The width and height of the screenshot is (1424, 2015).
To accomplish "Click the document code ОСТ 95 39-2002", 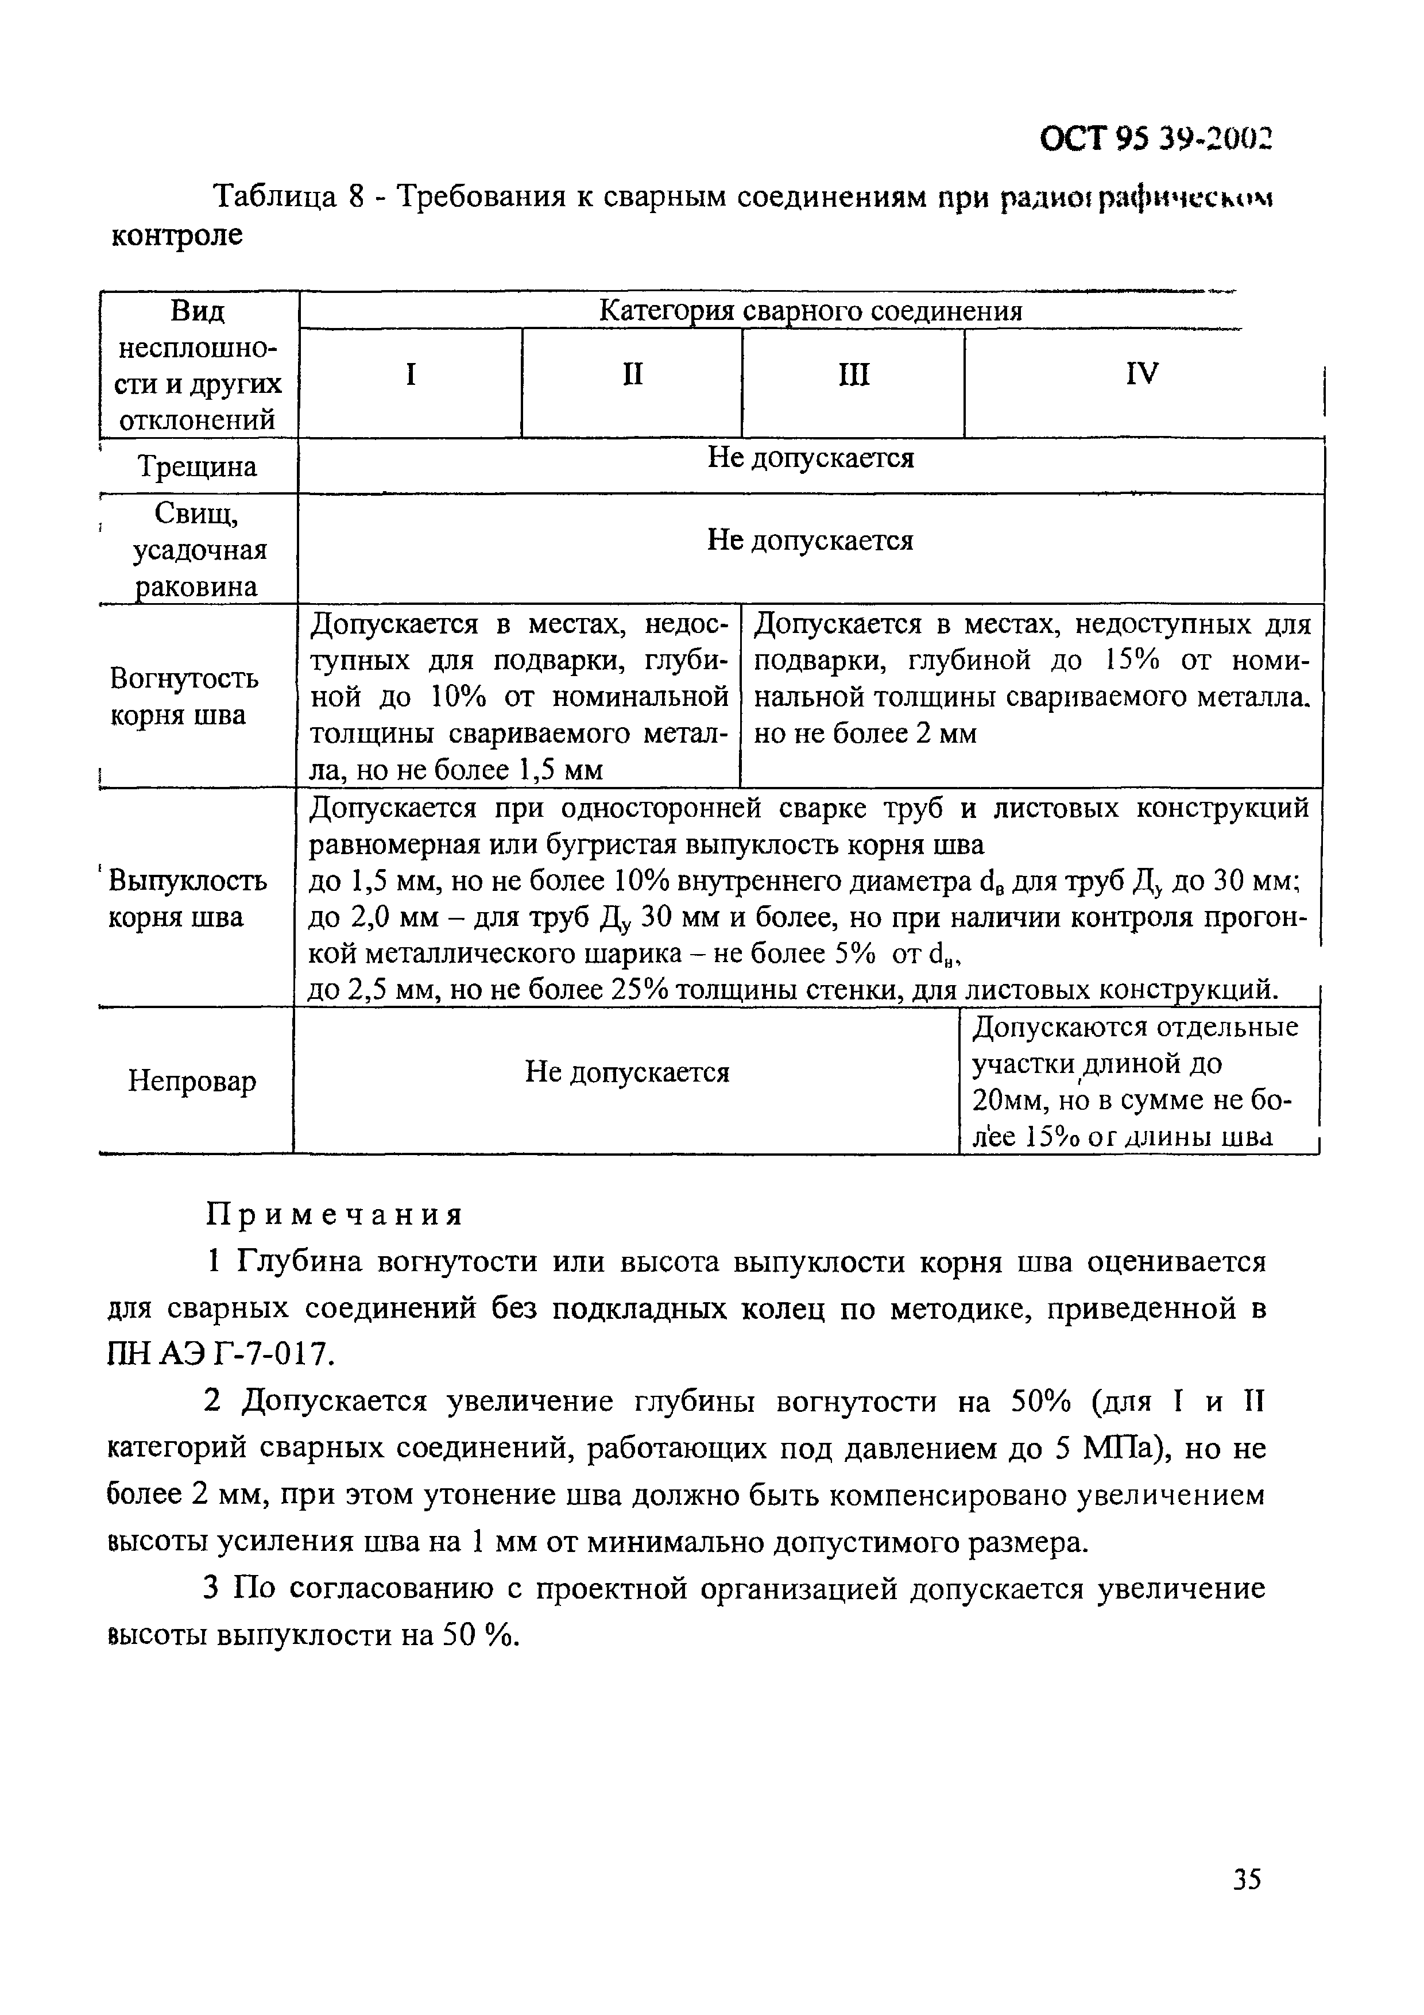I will tap(1155, 138).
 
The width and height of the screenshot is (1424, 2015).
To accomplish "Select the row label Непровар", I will tap(192, 1080).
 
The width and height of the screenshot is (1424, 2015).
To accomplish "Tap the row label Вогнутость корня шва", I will tap(184, 697).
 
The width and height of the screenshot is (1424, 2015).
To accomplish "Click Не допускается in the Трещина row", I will tap(811, 458).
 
